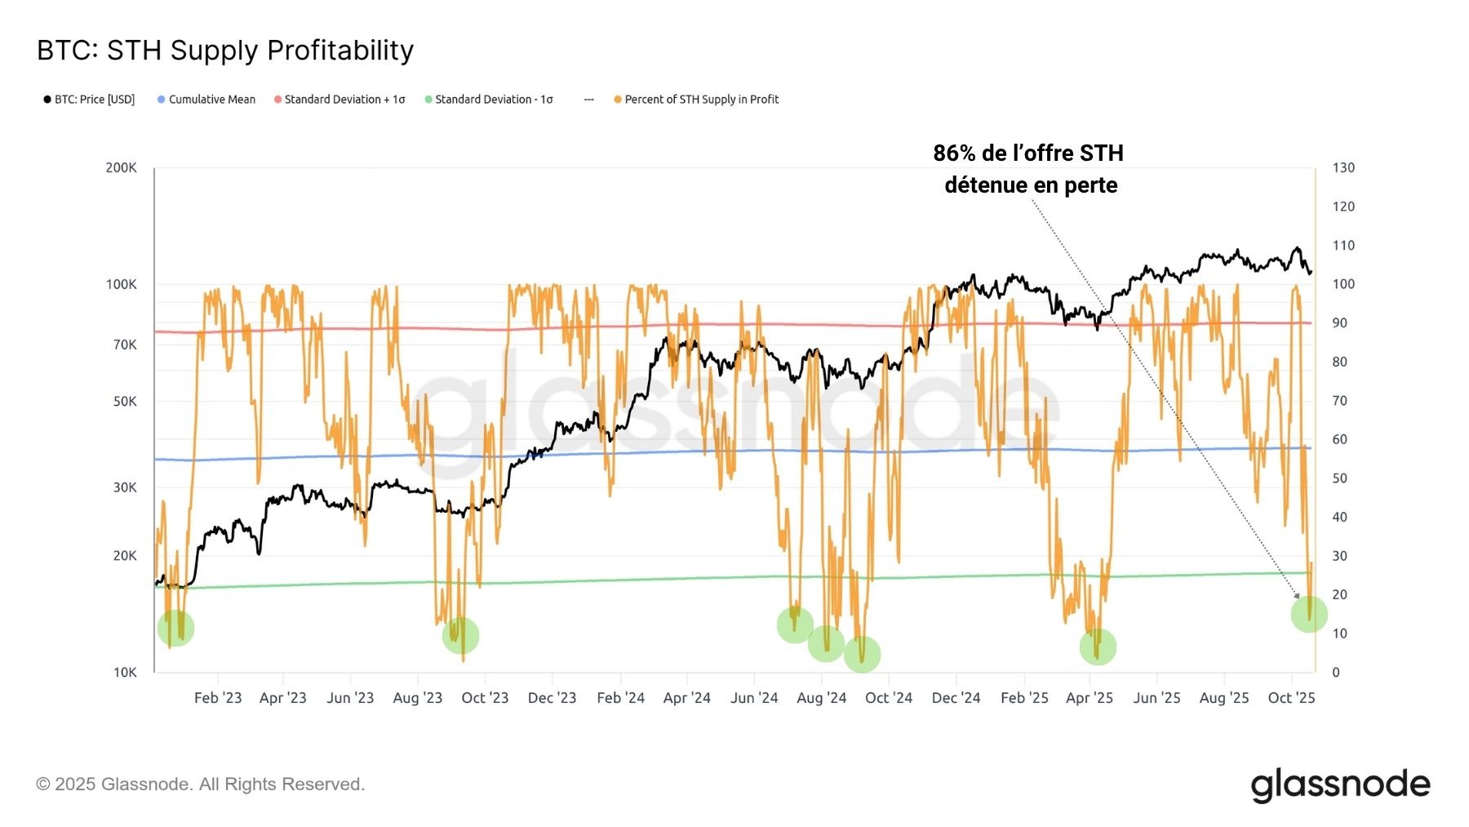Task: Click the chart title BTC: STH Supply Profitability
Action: click(225, 51)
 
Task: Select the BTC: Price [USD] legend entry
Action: click(89, 100)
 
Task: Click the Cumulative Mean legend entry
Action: click(206, 100)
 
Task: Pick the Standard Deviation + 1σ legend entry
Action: click(340, 100)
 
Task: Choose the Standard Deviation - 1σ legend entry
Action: click(489, 100)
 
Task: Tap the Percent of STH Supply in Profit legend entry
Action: click(696, 100)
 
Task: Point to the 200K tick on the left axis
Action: click(121, 168)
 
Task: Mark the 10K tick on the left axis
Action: click(125, 673)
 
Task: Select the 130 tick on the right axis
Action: click(1343, 168)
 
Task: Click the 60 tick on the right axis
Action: click(1339, 440)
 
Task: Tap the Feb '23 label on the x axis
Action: click(218, 698)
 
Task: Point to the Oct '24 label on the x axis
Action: click(889, 698)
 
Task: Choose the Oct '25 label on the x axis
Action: click(1292, 698)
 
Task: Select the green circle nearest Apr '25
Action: click(1098, 647)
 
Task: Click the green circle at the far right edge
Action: click(1309, 614)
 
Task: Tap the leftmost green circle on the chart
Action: click(175, 628)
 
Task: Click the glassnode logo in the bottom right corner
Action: click(1341, 785)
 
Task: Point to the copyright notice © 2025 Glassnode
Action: click(200, 785)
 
